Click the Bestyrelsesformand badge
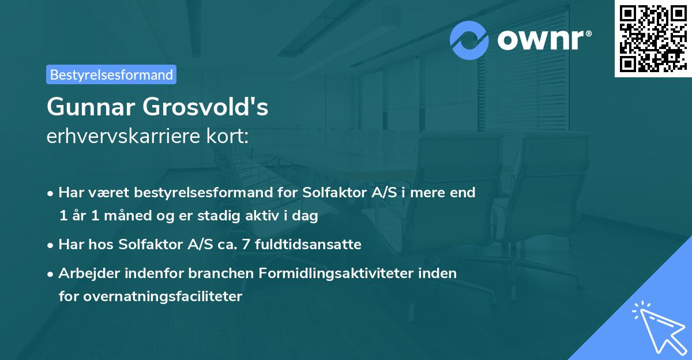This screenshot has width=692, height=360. click(x=111, y=74)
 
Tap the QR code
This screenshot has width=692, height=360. click(x=653, y=38)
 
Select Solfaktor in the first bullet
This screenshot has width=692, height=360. click(x=329, y=193)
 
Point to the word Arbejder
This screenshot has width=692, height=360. click(x=84, y=273)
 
